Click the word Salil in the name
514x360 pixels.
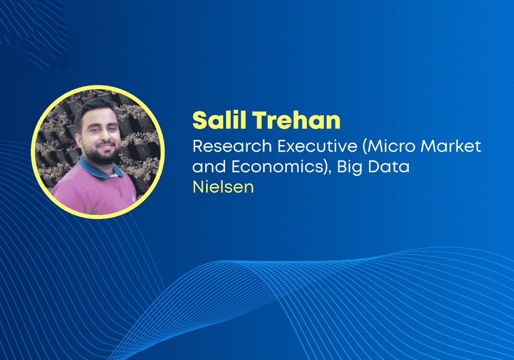[219, 120]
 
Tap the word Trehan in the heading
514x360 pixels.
[297, 120]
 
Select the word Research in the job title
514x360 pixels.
[232, 146]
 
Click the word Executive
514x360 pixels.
[317, 146]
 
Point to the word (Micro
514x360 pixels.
[389, 146]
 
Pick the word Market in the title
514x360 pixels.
[451, 146]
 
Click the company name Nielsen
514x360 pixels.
[223, 187]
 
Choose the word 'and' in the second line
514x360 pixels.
[209, 166]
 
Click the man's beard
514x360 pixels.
[102, 154]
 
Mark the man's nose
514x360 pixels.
[105, 134]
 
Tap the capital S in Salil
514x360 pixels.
[200, 120]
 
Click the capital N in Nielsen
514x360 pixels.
[198, 187]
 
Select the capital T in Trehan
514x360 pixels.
[260, 120]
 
